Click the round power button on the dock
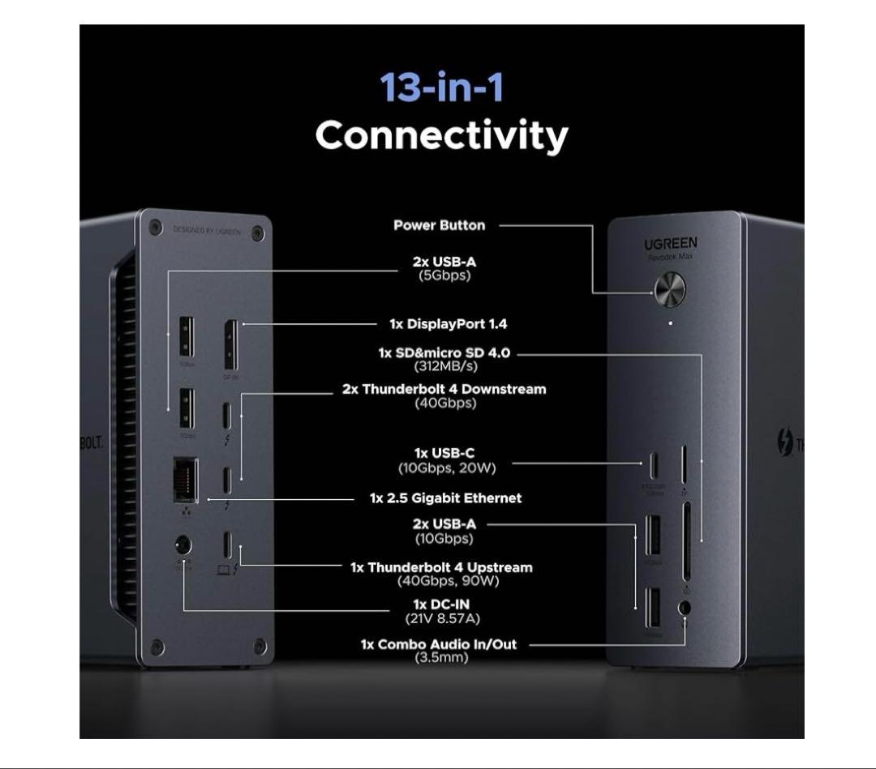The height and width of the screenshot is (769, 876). coord(670,289)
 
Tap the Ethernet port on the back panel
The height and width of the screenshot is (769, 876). coord(185,481)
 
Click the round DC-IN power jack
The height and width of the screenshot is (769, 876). coord(183,545)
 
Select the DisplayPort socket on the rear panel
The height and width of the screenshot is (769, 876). coord(230,344)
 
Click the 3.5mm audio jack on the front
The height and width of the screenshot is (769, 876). coord(685,607)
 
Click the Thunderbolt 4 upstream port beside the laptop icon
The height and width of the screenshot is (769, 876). coord(227,543)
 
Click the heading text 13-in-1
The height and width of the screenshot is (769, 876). coord(441,87)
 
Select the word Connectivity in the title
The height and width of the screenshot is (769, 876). coord(441,135)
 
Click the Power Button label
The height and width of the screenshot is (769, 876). coord(439,225)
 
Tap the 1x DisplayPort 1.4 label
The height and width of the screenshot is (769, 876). coord(448,324)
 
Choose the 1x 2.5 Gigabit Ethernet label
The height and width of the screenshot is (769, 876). coord(445,498)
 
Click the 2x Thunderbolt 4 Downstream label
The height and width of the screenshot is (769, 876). coord(444,389)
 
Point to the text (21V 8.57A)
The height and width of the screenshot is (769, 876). coord(442,618)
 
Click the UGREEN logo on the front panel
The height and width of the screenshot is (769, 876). coord(670,244)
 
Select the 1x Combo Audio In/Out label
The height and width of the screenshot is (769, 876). coord(439,645)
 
